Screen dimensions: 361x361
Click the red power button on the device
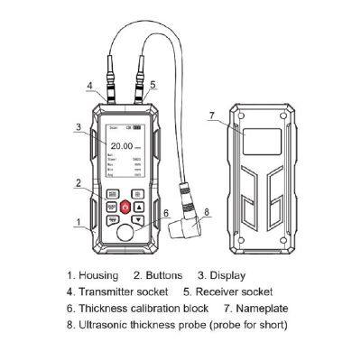point(124,207)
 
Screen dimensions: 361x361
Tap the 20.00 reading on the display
point(121,143)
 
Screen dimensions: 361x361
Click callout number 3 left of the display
point(80,127)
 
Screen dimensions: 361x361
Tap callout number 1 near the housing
point(79,221)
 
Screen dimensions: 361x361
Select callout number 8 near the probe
point(207,213)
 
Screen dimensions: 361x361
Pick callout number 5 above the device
point(153,84)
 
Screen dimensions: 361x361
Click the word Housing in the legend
point(100,275)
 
